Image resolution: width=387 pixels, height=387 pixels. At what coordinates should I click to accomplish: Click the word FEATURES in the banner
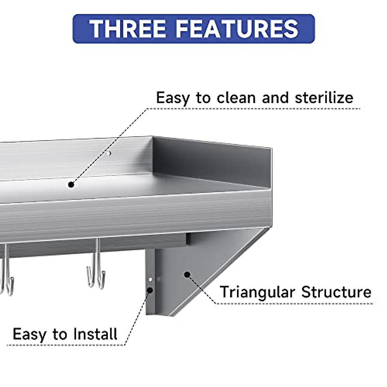click(237, 29)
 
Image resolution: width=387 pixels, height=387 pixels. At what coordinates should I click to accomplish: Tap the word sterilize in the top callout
click(324, 98)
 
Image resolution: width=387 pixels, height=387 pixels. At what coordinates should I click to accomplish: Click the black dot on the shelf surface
click(71, 184)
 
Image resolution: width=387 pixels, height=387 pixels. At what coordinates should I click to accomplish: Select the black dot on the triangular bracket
click(187, 274)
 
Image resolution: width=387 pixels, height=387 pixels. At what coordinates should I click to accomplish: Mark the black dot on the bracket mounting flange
click(150, 290)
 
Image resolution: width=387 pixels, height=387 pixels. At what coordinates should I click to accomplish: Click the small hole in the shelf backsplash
click(109, 154)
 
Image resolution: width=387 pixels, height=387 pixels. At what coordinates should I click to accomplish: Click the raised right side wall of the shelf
click(213, 161)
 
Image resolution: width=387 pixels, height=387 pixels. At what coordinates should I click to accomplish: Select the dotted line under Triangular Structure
click(293, 303)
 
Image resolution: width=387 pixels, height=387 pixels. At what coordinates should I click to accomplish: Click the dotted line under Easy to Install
click(64, 345)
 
